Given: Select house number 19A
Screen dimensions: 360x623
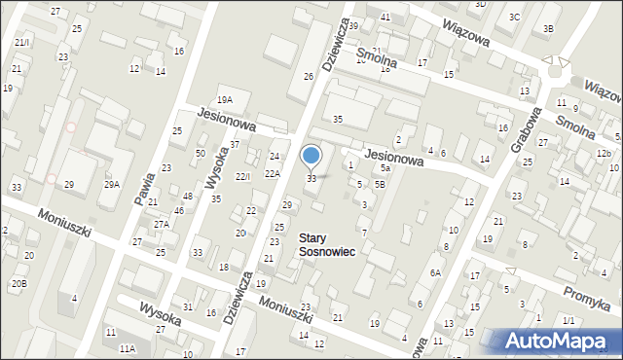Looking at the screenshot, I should click(225, 99).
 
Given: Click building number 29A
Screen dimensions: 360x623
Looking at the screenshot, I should click(112, 184).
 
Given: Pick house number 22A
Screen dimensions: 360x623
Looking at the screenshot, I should click(273, 173).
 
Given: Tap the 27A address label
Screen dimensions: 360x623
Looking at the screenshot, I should click(161, 225).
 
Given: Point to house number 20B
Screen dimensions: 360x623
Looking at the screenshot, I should click(18, 283).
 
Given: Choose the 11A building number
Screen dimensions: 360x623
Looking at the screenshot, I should click(127, 347).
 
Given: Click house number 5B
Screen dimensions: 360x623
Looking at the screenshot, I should click(380, 184).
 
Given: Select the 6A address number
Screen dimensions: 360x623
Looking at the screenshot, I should click(436, 274).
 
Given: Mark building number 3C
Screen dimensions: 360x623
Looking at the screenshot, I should click(514, 18).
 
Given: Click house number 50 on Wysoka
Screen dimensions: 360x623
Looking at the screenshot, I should click(200, 154).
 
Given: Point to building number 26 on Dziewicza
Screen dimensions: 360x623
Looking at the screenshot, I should click(309, 76).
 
